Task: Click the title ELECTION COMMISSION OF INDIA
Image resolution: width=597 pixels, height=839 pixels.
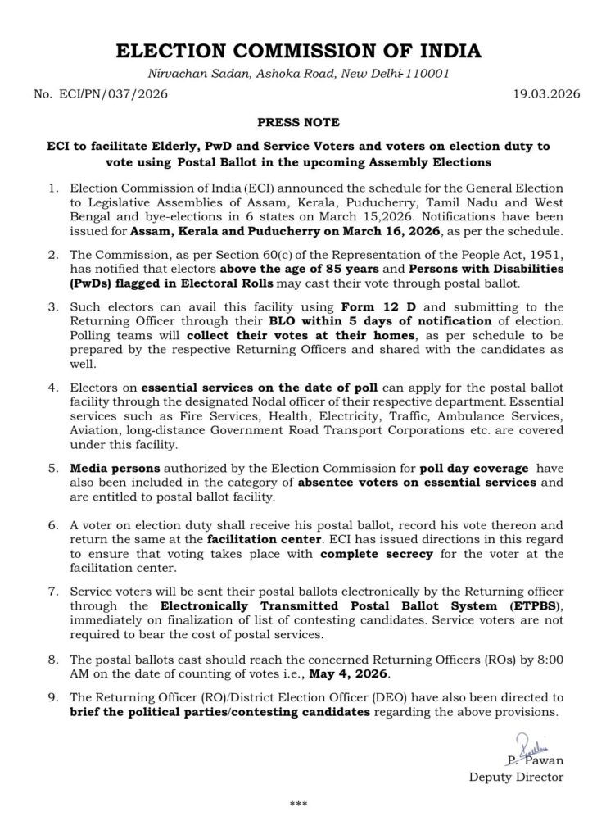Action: pyautogui.click(x=298, y=52)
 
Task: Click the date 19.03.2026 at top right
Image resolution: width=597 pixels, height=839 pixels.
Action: pyautogui.click(x=531, y=94)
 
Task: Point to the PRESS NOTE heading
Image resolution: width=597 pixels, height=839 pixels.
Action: pyautogui.click(x=298, y=123)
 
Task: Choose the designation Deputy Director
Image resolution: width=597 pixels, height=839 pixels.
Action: pyautogui.click(x=516, y=777)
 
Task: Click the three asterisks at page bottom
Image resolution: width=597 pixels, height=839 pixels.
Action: pyautogui.click(x=298, y=805)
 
